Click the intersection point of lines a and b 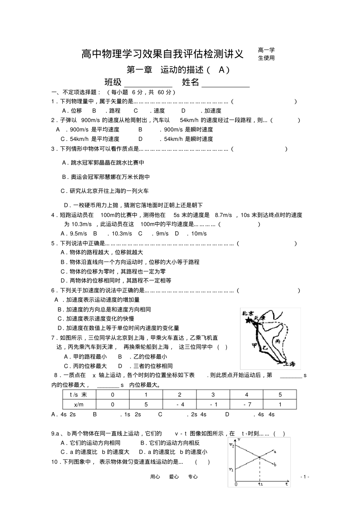pyautogui.click(x=259, y=457)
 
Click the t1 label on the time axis pyautogui.click(x=260, y=484)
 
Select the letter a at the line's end pyautogui.click(x=275, y=452)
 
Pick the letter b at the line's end pyautogui.click(x=275, y=465)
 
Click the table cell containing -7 pyautogui.click(x=247, y=404)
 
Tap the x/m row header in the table pyautogui.click(x=79, y=404)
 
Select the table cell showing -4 pyautogui.click(x=180, y=404)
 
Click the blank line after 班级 pyautogui.click(x=148, y=83)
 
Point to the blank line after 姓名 pyautogui.click(x=225, y=83)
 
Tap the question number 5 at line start pyautogui.click(x=53, y=243)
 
